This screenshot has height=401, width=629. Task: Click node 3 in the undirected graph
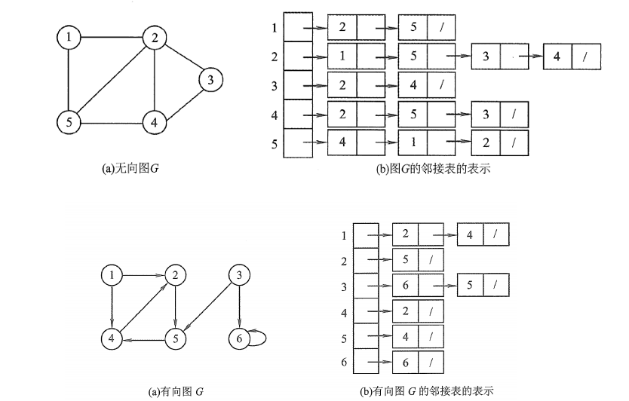[x=211, y=79]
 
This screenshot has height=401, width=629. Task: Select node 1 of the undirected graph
[x=69, y=37]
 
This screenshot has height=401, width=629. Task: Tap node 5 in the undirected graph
[x=69, y=121]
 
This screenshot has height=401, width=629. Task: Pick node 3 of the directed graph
[x=239, y=276]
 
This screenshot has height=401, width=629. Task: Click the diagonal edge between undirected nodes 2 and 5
[x=112, y=79]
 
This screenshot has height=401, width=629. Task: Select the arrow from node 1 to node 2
[x=143, y=276]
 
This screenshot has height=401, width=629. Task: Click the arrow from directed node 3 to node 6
[x=239, y=307]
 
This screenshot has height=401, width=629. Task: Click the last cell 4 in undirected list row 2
[x=557, y=56]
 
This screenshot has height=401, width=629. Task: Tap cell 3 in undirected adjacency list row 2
[x=486, y=56]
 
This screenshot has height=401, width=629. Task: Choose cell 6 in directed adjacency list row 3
[x=405, y=285]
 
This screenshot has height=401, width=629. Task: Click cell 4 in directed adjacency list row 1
[x=470, y=235]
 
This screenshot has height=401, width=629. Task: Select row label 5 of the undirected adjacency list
[x=274, y=142]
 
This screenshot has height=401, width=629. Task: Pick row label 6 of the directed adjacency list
[x=343, y=363]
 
